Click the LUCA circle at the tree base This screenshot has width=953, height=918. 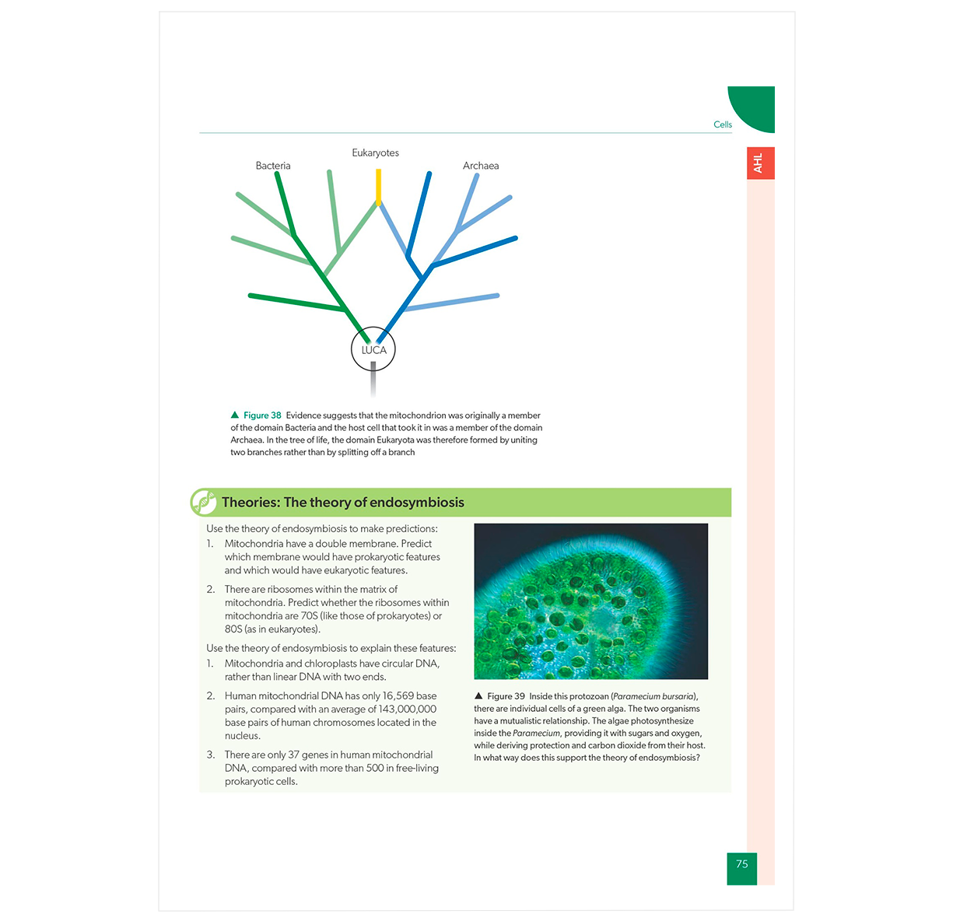point(373,349)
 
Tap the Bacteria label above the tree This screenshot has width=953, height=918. point(273,166)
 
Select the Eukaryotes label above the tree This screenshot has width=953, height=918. point(375,152)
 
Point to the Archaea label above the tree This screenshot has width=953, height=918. point(481,166)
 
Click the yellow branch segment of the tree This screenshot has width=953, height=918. point(378,187)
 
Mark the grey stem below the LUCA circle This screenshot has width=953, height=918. point(373,379)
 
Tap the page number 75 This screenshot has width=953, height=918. point(741,864)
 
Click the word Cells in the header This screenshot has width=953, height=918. point(723,124)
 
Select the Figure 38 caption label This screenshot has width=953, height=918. point(262,415)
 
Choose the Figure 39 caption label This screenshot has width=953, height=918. point(506,696)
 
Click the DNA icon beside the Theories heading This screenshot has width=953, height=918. point(204,503)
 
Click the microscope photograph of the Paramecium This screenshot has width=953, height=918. point(590,601)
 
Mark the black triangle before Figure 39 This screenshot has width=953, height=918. point(478,696)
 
